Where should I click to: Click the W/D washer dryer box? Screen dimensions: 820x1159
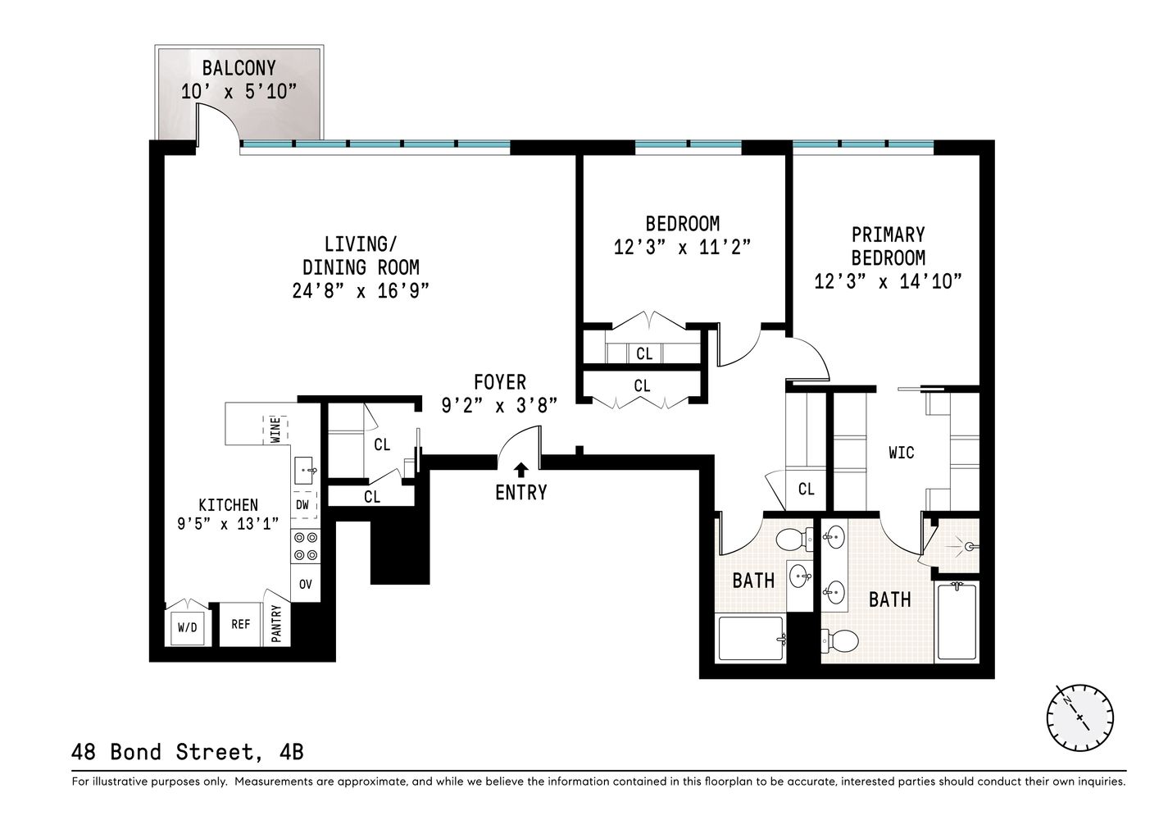187,627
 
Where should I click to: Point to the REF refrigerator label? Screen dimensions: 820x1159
240,624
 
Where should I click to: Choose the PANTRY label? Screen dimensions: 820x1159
276,625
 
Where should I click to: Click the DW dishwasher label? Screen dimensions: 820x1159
302,505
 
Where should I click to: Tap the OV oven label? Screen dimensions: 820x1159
305,585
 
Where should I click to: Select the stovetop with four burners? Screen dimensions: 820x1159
305,546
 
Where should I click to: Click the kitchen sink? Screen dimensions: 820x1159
305,470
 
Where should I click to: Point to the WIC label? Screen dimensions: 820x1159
901,453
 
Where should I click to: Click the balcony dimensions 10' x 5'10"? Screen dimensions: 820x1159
238,91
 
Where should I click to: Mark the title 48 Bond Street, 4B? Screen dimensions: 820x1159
188,750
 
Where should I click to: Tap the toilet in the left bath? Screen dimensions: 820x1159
793,540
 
